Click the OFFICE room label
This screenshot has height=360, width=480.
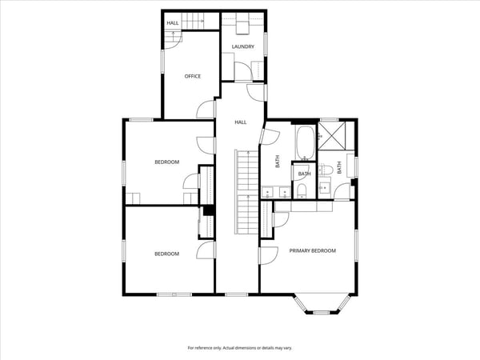pos(193,76)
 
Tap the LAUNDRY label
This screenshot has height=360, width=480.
pos(242,46)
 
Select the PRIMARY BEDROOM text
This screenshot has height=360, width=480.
pos(313,250)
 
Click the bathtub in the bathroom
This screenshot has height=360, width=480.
pos(305,142)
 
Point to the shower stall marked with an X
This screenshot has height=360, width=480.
pos(331,136)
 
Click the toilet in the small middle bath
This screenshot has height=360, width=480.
pos(302,191)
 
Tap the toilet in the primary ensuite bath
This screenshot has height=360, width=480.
pos(326,170)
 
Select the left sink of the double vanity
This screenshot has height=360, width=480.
pos(267,192)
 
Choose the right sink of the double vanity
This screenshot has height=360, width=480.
pos(285,192)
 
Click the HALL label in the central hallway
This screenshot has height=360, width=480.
pos(241,122)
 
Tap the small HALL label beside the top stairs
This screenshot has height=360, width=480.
pos(173,23)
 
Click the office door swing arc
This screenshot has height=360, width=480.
pos(205,109)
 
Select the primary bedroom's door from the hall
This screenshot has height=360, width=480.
pos(269,256)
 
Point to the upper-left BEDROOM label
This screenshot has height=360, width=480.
pos(167,162)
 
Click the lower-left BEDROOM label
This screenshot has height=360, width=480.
pos(167,254)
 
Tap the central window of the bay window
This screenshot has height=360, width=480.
pos(322,313)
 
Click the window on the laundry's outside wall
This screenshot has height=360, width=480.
pos(266,44)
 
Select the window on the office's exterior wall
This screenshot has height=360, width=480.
pos(163,62)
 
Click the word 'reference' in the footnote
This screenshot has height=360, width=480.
pos(203,348)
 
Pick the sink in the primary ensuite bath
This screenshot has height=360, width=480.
pos(324,187)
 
